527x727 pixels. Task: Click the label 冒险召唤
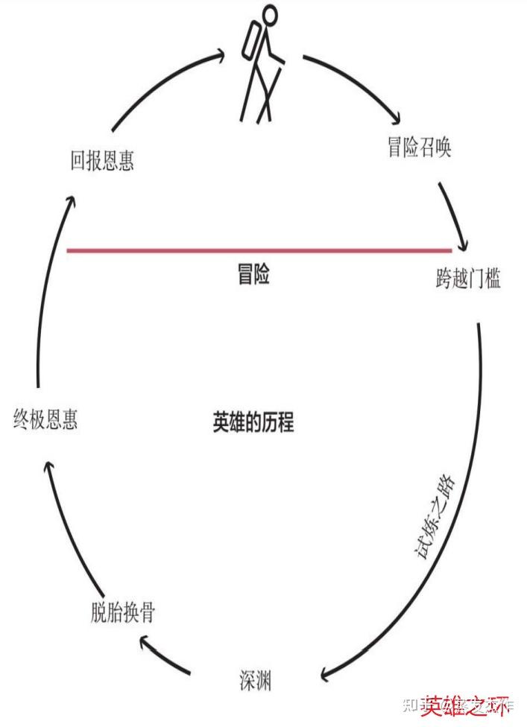(419, 147)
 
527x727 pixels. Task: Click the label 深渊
(256, 679)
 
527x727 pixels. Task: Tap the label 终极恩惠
(45, 419)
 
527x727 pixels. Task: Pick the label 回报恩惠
(102, 161)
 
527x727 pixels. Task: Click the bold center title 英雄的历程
(253, 423)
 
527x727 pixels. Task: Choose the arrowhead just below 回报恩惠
(70, 200)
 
